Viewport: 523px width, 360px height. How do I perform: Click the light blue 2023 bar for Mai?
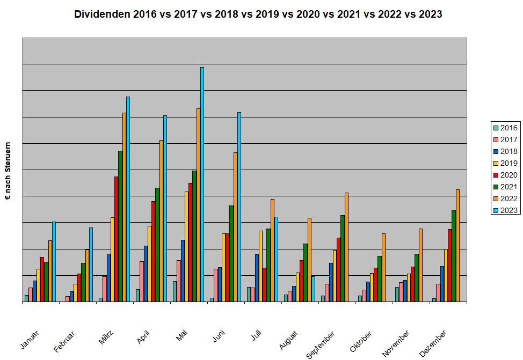click(x=202, y=185)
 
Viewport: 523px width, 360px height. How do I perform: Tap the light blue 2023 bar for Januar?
click(x=54, y=262)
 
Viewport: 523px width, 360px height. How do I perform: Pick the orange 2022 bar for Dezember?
click(x=457, y=246)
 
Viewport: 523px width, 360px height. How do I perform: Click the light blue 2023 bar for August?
click(x=313, y=289)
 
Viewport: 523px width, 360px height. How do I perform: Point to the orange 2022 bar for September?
click(x=346, y=247)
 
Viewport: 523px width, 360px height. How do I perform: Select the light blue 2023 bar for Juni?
click(x=239, y=207)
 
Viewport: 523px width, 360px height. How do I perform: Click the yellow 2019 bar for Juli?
click(x=260, y=266)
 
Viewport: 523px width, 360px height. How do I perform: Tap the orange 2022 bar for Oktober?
click(x=383, y=268)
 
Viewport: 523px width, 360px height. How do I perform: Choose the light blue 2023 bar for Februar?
click(x=91, y=265)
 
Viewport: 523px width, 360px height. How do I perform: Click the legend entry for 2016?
click(x=505, y=128)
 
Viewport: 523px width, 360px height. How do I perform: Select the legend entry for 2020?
click(x=505, y=175)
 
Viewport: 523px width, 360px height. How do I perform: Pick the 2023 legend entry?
click(x=505, y=210)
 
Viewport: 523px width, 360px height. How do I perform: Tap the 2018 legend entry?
click(x=505, y=151)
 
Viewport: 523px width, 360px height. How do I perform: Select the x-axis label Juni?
click(x=219, y=337)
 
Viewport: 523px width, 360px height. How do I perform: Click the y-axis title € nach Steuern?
click(x=8, y=171)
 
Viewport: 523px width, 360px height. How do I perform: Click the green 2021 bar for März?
click(x=120, y=226)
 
